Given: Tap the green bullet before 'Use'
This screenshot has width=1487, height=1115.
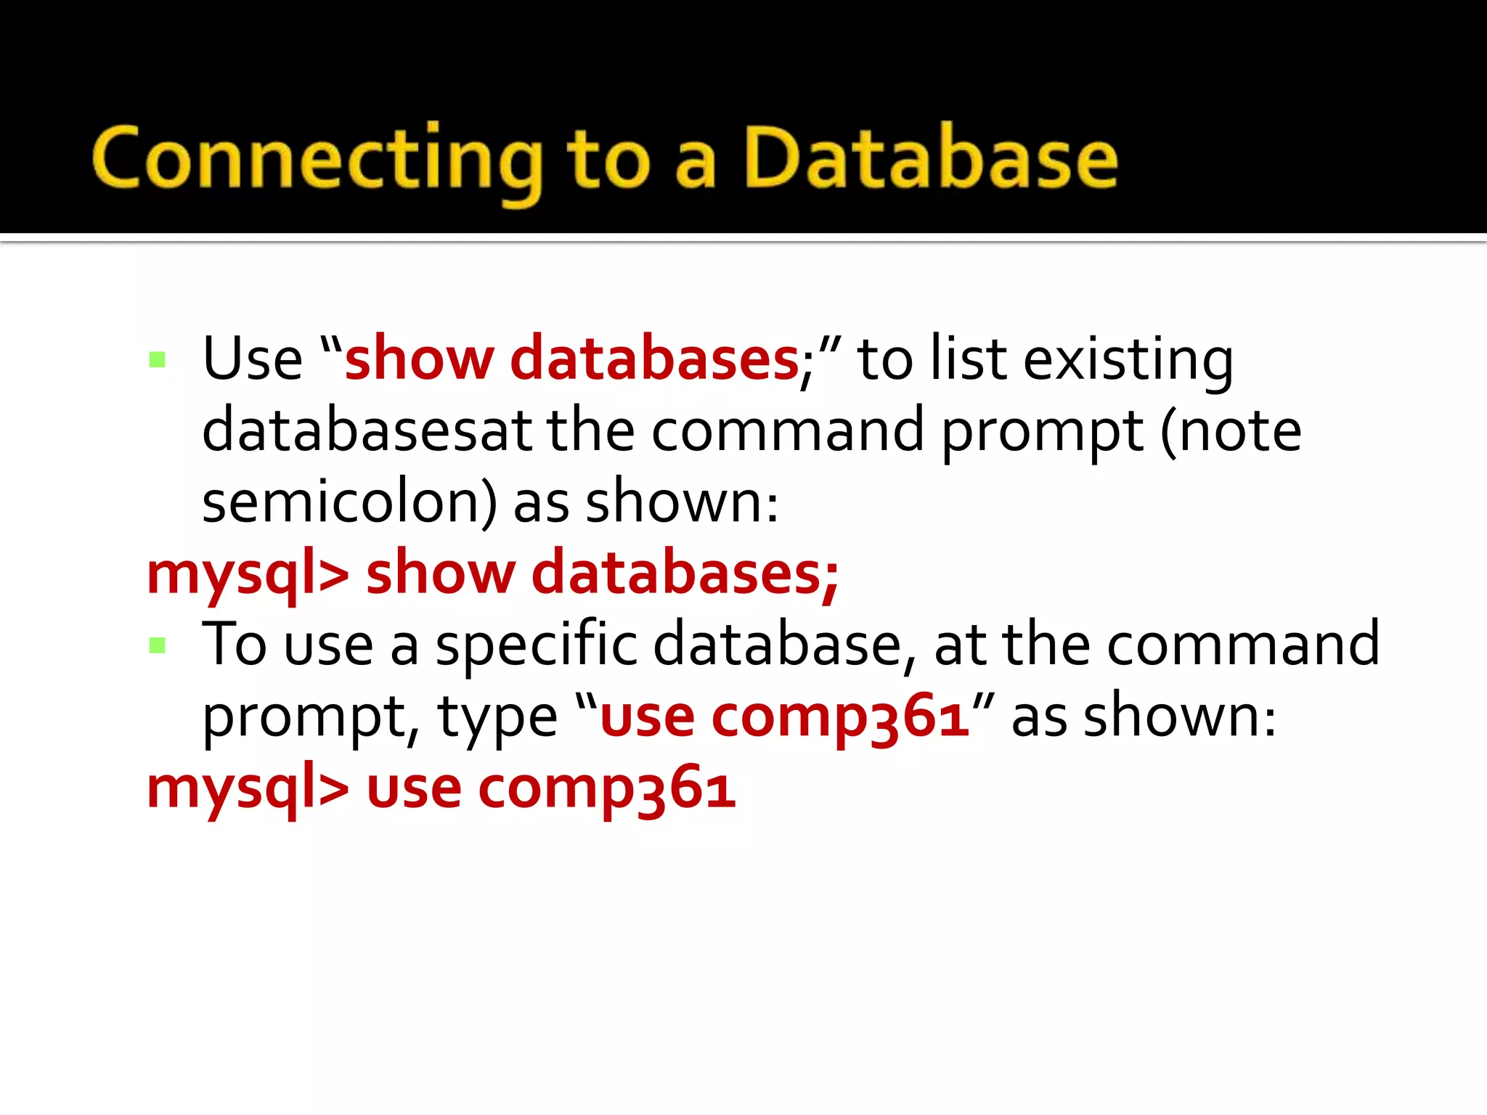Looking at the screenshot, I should pyautogui.click(x=158, y=359).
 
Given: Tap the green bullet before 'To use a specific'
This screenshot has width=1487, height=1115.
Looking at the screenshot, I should pyautogui.click(x=158, y=645).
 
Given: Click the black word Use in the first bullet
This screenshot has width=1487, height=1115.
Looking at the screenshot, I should pyautogui.click(x=252, y=359).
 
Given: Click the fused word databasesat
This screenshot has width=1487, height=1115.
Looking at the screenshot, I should pyautogui.click(x=367, y=430).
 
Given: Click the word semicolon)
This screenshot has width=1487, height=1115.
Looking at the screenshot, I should pyautogui.click(x=349, y=502).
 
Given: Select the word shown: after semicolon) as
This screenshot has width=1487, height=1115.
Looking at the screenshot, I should pyautogui.click(x=682, y=502).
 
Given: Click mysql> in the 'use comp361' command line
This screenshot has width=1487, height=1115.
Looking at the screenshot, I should pyautogui.click(x=248, y=788).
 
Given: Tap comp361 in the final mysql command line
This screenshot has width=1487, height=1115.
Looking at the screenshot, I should pyautogui.click(x=606, y=788).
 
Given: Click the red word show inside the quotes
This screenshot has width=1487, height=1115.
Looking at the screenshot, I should pyautogui.click(x=419, y=359).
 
